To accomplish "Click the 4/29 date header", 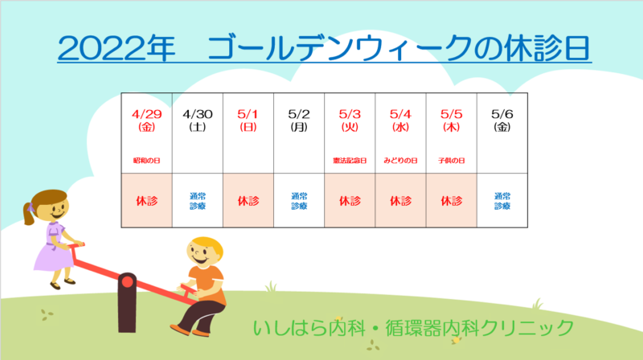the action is click(x=146, y=120).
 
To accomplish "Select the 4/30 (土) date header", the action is click(x=197, y=120).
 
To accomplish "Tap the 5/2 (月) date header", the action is click(x=299, y=120).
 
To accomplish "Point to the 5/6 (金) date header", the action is click(x=502, y=120).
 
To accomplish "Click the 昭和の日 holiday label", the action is click(x=146, y=161).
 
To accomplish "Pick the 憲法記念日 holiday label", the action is click(x=350, y=161).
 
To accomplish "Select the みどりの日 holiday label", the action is click(x=400, y=161).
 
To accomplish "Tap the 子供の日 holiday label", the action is click(x=452, y=161).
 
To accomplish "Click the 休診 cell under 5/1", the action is click(x=248, y=201).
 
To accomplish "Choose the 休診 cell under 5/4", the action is click(x=400, y=201).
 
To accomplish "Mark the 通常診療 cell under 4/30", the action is click(x=197, y=201).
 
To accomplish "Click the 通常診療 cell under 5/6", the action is click(x=502, y=201).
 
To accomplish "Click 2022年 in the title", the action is click(x=117, y=48).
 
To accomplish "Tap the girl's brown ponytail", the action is click(x=28, y=214).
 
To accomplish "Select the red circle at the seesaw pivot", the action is click(x=127, y=282).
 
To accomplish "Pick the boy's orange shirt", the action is click(x=209, y=284).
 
